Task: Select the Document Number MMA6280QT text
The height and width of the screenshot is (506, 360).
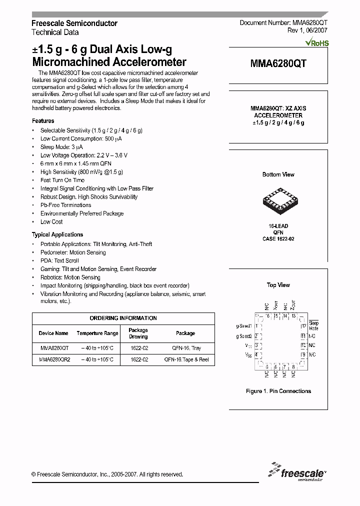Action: pyautogui.click(x=283, y=23)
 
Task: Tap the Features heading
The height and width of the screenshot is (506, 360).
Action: pyautogui.click(x=43, y=121)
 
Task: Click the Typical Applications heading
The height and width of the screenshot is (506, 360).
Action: pyautogui.click(x=57, y=234)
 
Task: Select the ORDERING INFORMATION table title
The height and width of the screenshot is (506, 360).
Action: pyautogui.click(x=123, y=318)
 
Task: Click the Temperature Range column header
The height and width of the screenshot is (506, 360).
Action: pyautogui.click(x=97, y=333)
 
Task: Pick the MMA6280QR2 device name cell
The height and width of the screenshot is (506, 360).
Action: pyautogui.click(x=54, y=359)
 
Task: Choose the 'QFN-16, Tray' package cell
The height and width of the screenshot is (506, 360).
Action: pyautogui.click(x=185, y=348)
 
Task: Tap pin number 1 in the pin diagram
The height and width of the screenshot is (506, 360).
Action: pyautogui.click(x=256, y=325)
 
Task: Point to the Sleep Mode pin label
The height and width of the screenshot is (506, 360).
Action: pyautogui.click(x=313, y=326)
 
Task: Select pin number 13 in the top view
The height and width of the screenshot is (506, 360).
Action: pyautogui.click(x=294, y=316)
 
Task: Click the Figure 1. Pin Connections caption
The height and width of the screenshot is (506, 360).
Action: pyautogui.click(x=278, y=391)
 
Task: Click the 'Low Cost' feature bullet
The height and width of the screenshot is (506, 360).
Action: pyautogui.click(x=51, y=222)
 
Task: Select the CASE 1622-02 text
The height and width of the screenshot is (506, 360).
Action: pyautogui.click(x=278, y=239)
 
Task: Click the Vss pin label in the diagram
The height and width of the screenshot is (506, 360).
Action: pyautogui.click(x=248, y=355)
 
